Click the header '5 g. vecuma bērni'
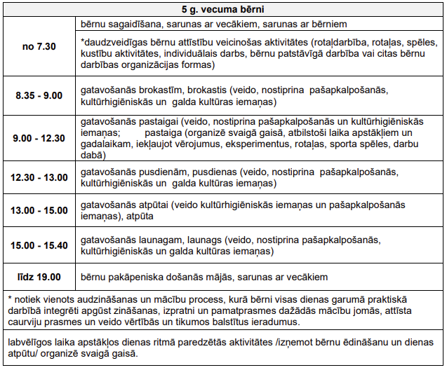(223, 10)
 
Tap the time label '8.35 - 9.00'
(39, 97)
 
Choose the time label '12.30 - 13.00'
(39, 177)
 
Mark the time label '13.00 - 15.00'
(39, 210)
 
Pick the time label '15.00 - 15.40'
(39, 245)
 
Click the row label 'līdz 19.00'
(39, 277)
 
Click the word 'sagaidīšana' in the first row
(131, 24)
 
